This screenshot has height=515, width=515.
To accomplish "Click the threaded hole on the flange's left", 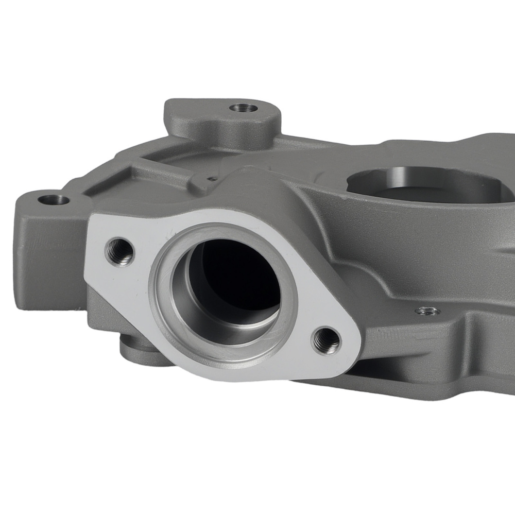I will tap(119, 251).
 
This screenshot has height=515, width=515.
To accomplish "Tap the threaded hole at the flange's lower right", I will tap(326, 340).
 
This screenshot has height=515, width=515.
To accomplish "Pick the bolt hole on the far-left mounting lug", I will tap(54, 199).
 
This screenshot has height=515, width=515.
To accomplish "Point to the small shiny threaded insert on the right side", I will tap(427, 311).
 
